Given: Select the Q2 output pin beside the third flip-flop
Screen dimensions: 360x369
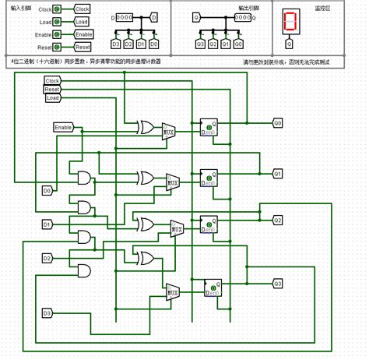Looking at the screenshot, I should click(278, 221).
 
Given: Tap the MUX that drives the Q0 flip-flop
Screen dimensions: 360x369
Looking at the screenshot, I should click(169, 132).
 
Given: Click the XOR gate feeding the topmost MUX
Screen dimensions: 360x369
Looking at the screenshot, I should click(146, 127).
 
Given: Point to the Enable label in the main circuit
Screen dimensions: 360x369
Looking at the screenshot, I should click(64, 127).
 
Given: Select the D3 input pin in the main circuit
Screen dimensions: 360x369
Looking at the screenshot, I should click(47, 313).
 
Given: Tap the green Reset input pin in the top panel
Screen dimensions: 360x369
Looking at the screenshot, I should click(58, 48).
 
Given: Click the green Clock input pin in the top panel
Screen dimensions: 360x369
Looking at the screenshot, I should click(58, 10).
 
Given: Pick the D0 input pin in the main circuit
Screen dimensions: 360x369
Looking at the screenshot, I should click(47, 190).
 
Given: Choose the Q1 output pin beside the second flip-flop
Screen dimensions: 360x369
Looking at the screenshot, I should click(278, 174).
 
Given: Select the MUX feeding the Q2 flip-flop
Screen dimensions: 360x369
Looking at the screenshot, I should click(177, 228).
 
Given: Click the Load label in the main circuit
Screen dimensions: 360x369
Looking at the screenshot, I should click(52, 98).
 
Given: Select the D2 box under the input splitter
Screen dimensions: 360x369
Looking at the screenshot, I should click(130, 45).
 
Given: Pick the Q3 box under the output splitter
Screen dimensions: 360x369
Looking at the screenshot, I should click(201, 45).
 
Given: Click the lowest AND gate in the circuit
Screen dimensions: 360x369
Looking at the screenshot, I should click(80, 270).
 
